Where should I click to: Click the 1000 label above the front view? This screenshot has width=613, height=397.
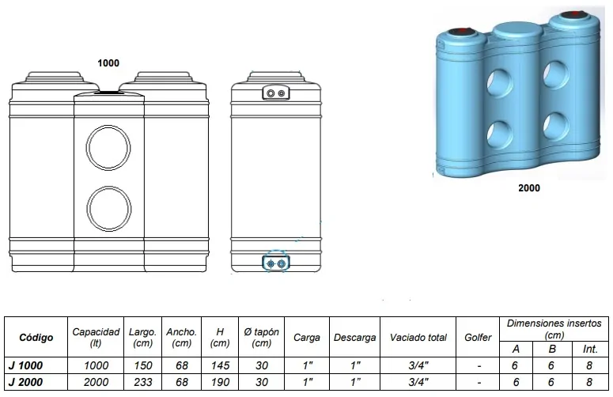click(108, 63)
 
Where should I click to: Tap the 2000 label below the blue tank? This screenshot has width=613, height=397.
click(529, 188)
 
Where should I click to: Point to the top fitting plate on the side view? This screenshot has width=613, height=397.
click(275, 93)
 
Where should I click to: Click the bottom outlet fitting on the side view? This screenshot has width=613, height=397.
click(275, 263)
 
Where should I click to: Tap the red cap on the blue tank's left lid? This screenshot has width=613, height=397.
click(462, 31)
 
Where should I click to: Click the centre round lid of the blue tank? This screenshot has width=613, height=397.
click(517, 29)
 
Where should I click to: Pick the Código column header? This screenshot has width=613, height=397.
click(36, 338)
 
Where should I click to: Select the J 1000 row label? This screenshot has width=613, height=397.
click(25, 365)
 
